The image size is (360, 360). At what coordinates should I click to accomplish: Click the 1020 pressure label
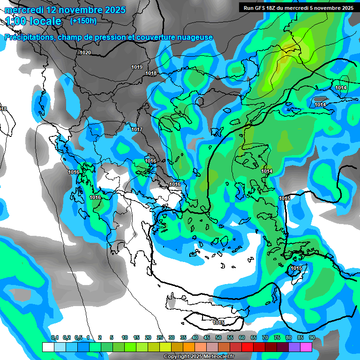click(x=85, y=52)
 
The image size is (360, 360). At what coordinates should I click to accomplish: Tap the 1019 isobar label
click(x=137, y=67)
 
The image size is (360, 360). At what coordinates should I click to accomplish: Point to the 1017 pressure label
click(x=137, y=129)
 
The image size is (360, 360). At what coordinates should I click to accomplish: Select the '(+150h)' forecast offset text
click(x=83, y=21)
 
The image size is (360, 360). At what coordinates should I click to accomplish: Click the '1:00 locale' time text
click(x=33, y=21)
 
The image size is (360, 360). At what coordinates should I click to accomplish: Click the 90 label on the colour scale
click(x=312, y=338)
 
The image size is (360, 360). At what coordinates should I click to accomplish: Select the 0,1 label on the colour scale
click(x=55, y=338)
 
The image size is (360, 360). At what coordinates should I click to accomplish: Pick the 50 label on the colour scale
click(x=218, y=338)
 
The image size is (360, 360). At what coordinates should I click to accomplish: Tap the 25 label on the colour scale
click(x=160, y=338)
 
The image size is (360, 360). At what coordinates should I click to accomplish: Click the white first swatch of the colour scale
click(x=48, y=347)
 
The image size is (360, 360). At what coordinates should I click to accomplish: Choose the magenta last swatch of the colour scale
click(x=306, y=347)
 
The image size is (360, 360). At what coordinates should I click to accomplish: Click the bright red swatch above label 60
click(x=247, y=347)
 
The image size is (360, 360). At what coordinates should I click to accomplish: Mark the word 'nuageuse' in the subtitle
click(x=197, y=37)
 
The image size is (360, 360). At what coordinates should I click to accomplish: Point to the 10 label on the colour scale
click(x=125, y=338)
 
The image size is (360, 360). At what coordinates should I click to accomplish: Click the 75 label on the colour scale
click(x=277, y=338)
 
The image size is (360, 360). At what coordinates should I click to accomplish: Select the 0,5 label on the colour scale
click(x=78, y=338)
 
